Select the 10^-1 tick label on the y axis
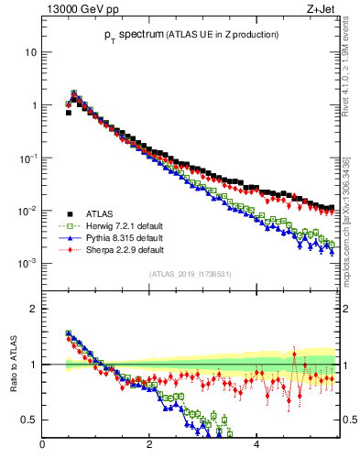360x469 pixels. (27, 158)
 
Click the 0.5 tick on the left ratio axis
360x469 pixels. (29, 420)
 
